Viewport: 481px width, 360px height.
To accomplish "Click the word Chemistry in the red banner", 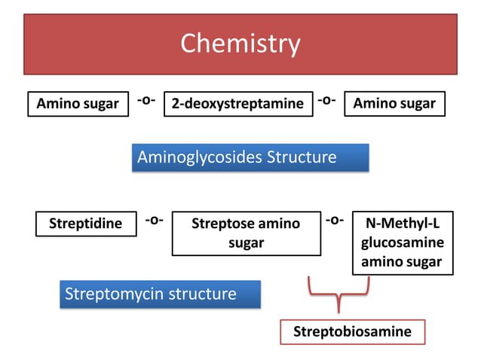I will [240, 44].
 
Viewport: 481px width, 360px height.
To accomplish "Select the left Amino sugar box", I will [78, 104].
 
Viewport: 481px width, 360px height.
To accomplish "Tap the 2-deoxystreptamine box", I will [237, 104].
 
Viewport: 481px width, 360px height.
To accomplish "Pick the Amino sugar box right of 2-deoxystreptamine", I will [394, 104].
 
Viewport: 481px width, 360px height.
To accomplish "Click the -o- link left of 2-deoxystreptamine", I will [146, 100].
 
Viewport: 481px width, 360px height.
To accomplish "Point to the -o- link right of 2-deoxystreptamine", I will [326, 100].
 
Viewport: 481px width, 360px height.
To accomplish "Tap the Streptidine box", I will [85, 224].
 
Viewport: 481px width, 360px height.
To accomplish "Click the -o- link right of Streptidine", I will [154, 220].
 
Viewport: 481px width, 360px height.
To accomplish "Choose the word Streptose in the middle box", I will [224, 224].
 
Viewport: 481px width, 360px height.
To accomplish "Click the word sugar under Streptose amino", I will [246, 243].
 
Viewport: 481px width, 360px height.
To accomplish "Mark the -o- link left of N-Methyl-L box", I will [334, 220].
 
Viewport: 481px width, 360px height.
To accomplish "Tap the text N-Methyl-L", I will [402, 224].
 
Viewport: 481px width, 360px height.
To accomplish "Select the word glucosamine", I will [402, 243].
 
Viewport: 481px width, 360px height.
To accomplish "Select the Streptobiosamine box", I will [351, 332].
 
